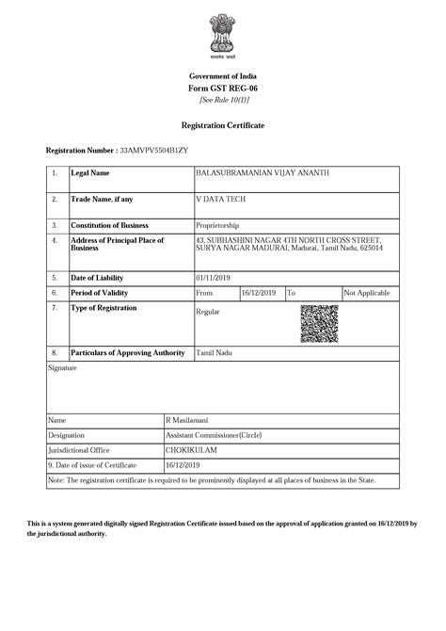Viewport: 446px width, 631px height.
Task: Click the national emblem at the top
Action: pyautogui.click(x=223, y=37)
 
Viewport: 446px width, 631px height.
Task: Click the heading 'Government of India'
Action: pyautogui.click(x=223, y=75)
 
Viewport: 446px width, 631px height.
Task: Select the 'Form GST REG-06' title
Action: pyautogui.click(x=223, y=88)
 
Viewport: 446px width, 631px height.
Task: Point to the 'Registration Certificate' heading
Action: pyautogui.click(x=223, y=125)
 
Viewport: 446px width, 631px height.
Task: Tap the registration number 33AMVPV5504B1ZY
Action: pyautogui.click(x=154, y=151)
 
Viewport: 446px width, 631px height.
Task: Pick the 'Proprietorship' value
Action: pyautogui.click(x=217, y=226)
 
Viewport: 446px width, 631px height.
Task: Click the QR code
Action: pyautogui.click(x=319, y=324)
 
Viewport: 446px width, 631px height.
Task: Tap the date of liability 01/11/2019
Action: pyautogui.click(x=213, y=278)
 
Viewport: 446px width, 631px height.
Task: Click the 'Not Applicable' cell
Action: pyautogui.click(x=368, y=293)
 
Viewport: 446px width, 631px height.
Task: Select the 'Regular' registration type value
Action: pyautogui.click(x=208, y=311)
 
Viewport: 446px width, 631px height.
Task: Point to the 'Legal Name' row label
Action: pyautogui.click(x=90, y=173)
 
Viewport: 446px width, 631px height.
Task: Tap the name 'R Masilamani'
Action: pyautogui.click(x=188, y=420)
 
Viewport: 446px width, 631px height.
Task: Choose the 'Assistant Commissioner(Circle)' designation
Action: pyautogui.click(x=214, y=435)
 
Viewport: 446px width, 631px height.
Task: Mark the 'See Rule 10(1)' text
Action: pyautogui.click(x=223, y=100)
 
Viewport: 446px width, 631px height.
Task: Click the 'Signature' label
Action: pyautogui.click(x=62, y=368)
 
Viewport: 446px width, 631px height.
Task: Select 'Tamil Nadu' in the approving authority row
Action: pyautogui.click(x=214, y=352)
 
